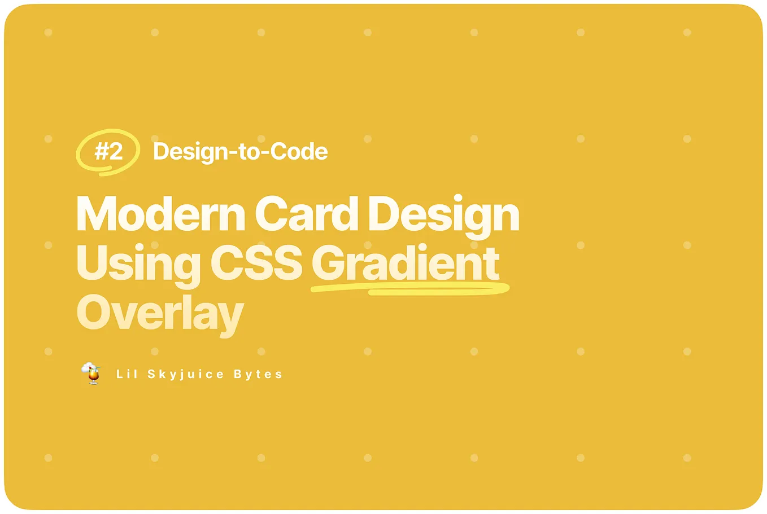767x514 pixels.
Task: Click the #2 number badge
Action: point(108,151)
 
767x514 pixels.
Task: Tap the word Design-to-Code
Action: point(240,151)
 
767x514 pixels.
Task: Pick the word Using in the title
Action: point(138,264)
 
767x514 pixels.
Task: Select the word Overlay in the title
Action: point(160,314)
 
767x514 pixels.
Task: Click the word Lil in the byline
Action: point(127,374)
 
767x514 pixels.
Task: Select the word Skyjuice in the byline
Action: point(183,374)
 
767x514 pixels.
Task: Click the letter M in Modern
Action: point(95,214)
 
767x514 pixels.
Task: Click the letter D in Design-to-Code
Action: point(161,151)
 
